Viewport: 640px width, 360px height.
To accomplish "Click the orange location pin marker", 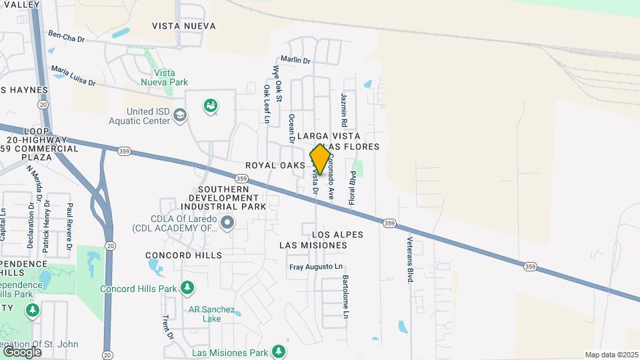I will [x=320, y=160].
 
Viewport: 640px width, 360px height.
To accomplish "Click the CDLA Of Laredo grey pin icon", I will [x=228, y=222].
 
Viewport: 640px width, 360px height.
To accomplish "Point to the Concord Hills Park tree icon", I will [x=187, y=288].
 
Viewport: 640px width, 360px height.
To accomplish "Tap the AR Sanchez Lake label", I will [x=211, y=314].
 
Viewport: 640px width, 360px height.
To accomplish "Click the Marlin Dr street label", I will [x=295, y=60].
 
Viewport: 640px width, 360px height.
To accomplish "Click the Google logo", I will [x=22, y=351].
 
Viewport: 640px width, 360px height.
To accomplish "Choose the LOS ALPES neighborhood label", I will [x=337, y=235].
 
